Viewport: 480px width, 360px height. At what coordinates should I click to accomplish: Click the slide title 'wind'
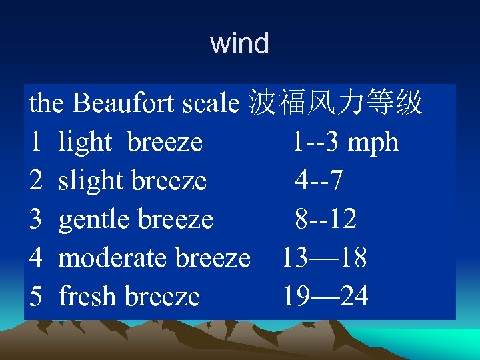point(239,44)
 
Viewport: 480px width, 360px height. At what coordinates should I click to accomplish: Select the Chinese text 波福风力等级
point(335,103)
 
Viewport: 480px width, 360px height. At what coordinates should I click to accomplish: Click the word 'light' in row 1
point(84,142)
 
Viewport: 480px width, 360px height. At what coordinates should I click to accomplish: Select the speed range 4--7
point(319,180)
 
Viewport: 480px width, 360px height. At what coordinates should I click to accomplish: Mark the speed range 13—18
point(324,257)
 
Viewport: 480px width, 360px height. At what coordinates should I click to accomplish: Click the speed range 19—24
point(325,296)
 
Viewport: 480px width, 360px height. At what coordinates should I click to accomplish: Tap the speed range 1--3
point(317,142)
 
